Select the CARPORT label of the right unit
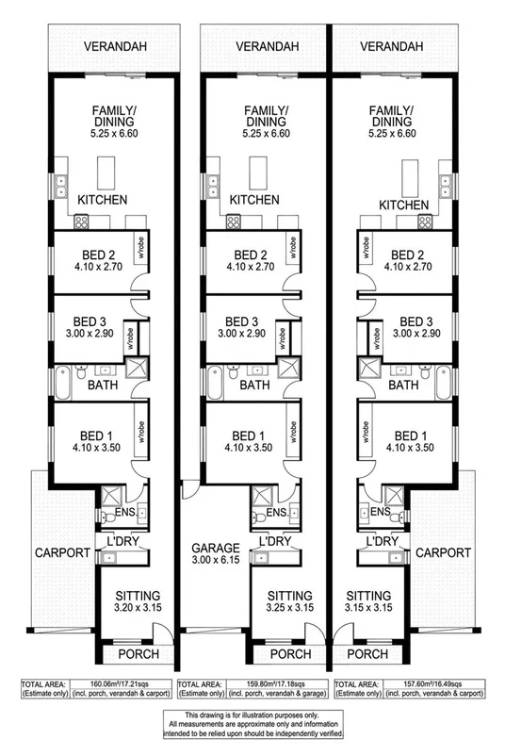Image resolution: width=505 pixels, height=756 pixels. (x=444, y=553)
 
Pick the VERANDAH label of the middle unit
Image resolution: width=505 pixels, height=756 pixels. (x=250, y=44)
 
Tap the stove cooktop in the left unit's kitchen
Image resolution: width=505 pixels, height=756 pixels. (x=82, y=222)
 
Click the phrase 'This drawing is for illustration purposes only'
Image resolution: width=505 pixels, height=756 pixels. (x=252, y=717)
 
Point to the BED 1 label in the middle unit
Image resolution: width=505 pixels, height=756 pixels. (x=252, y=436)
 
